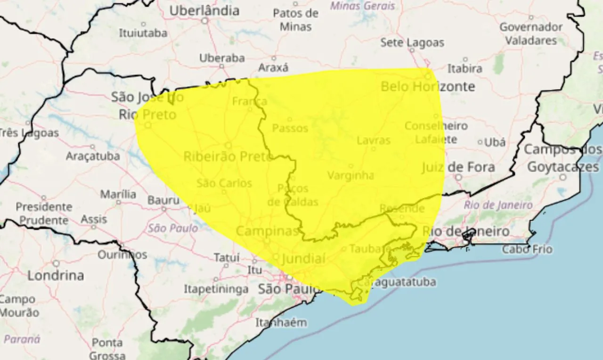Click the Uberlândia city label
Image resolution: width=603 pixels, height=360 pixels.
pos(204,10)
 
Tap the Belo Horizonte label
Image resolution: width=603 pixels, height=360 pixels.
pos(428,87)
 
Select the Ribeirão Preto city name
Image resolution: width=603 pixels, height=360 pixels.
pos(228,156)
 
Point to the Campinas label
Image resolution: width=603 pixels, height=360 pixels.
pos(267,231)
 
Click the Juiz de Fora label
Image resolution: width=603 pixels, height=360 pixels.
pos(458,167)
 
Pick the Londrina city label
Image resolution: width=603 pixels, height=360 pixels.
pos(56,275)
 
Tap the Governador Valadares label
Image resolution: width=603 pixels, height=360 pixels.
pos(531,33)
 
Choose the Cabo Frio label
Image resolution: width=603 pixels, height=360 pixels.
pos(527,249)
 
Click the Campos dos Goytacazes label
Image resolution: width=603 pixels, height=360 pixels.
pos(563,158)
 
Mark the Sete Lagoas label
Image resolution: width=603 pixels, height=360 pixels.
pos(412,43)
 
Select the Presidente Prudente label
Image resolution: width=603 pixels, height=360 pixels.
pos(44,213)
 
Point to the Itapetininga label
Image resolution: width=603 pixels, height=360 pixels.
pos(216,289)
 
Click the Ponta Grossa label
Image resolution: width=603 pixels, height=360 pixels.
pos(107,349)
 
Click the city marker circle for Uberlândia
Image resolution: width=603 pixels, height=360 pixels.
pos(204,21)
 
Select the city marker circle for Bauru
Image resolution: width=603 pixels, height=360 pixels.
pos(164,208)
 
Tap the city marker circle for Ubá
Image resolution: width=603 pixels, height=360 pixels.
pos(480,142)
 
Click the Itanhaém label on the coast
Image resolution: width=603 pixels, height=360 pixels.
pos(281,323)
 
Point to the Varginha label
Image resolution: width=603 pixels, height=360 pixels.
pos(350,176)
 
